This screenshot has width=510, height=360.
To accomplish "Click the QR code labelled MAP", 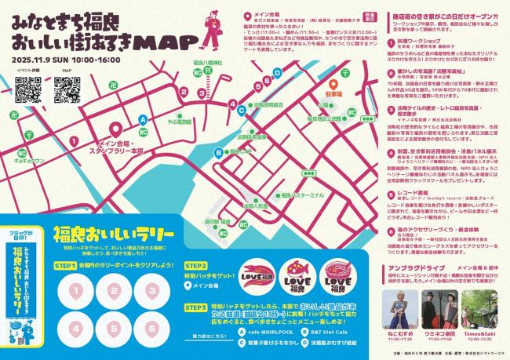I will tap(67, 90).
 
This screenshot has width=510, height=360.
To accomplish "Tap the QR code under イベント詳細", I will tap(28, 90).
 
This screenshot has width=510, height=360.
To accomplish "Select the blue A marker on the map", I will tap(142, 119).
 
